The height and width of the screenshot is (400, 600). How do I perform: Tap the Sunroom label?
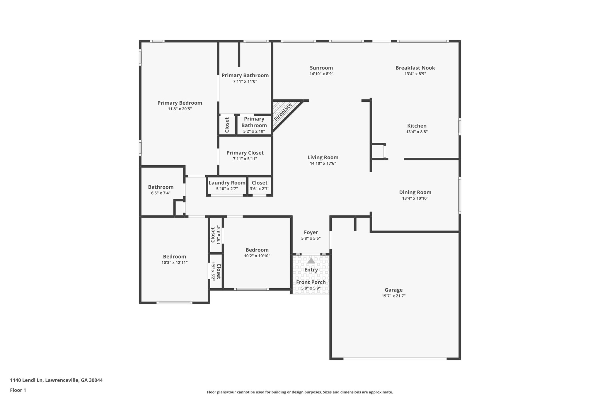(x=321, y=68)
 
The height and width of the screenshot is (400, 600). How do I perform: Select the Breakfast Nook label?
(x=415, y=68)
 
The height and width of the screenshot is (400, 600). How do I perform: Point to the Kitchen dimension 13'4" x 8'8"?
(x=417, y=132)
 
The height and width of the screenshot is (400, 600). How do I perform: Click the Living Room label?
(x=323, y=157)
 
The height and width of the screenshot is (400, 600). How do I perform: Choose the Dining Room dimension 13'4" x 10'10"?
(x=415, y=198)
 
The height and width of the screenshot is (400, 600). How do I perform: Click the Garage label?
(x=394, y=290)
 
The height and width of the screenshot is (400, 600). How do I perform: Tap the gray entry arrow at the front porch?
(x=311, y=261)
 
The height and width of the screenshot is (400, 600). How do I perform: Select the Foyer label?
(x=311, y=233)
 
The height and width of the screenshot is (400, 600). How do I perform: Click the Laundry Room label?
(x=227, y=183)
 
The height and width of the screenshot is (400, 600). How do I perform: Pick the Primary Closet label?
(x=245, y=153)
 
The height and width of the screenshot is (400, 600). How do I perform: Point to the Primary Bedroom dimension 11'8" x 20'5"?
(x=180, y=109)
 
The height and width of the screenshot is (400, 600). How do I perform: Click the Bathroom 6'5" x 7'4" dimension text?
(x=161, y=193)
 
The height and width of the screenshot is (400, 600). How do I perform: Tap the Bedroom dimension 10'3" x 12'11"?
(x=175, y=263)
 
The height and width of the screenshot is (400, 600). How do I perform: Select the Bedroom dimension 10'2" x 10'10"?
(x=257, y=256)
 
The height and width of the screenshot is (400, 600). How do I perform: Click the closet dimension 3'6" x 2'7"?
(x=260, y=189)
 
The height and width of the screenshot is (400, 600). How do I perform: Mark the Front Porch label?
(x=311, y=282)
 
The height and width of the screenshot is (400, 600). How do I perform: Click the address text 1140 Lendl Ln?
(x=27, y=380)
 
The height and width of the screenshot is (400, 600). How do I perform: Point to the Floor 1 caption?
(x=18, y=390)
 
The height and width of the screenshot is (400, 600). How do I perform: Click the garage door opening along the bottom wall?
(x=395, y=358)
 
